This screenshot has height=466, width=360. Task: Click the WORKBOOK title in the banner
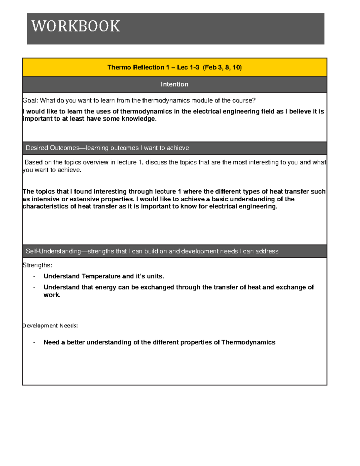point(76,26)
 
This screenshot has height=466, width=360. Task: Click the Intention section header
point(174,84)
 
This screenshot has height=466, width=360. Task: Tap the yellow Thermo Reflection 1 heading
point(174,67)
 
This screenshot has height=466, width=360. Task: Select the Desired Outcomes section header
point(107,148)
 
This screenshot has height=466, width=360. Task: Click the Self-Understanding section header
point(152,251)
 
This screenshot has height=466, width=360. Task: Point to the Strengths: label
point(37,265)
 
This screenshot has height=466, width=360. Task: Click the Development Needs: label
point(50,326)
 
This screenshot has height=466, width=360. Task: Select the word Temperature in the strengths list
point(101,276)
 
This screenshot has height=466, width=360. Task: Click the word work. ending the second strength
point(52,295)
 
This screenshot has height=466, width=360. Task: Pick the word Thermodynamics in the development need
point(248,342)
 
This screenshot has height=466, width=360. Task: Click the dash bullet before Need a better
point(34,343)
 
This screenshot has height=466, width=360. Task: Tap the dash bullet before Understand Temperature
point(34,276)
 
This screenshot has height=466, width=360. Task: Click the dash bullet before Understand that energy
point(34,287)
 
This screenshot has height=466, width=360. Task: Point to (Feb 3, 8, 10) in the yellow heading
point(222,67)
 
